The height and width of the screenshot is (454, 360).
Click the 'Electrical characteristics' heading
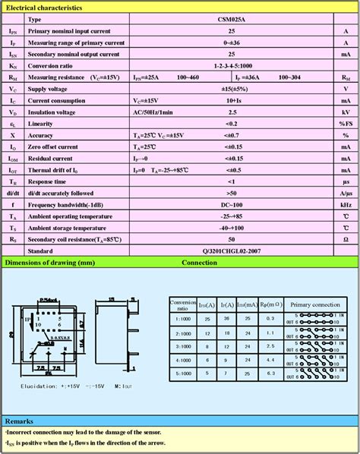pos(43,6)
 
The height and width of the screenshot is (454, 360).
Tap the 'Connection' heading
pos(199,263)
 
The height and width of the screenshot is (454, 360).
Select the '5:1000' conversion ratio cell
pos(182,374)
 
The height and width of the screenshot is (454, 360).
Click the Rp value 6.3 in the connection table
pos(272,374)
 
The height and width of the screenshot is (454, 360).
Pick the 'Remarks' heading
pos(20,421)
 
